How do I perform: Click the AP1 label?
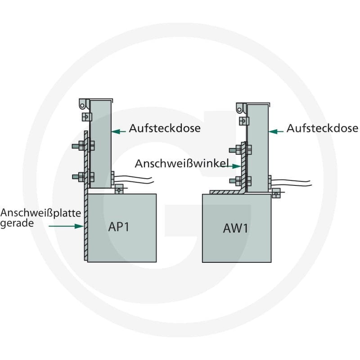coord(118,227)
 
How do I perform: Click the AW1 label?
coord(235,228)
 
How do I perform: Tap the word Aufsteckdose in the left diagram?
coord(165,128)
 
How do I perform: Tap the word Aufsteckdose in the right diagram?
coord(322,128)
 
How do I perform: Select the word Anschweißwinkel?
coord(182,163)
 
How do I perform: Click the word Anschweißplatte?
coord(40,213)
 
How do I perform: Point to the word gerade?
coord(17,223)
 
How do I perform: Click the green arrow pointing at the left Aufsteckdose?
coord(118,131)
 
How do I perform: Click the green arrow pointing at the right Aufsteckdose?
coord(276,131)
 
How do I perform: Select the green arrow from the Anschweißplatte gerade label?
coord(66,226)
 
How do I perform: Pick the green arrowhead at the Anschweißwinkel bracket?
coord(237,166)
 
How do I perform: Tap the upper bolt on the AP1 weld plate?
coord(83,145)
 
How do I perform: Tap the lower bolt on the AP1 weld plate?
coord(83,177)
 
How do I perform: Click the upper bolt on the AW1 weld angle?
coord(240,150)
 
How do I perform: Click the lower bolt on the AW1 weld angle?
coord(240,181)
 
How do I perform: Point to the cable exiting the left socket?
coord(134,179)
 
